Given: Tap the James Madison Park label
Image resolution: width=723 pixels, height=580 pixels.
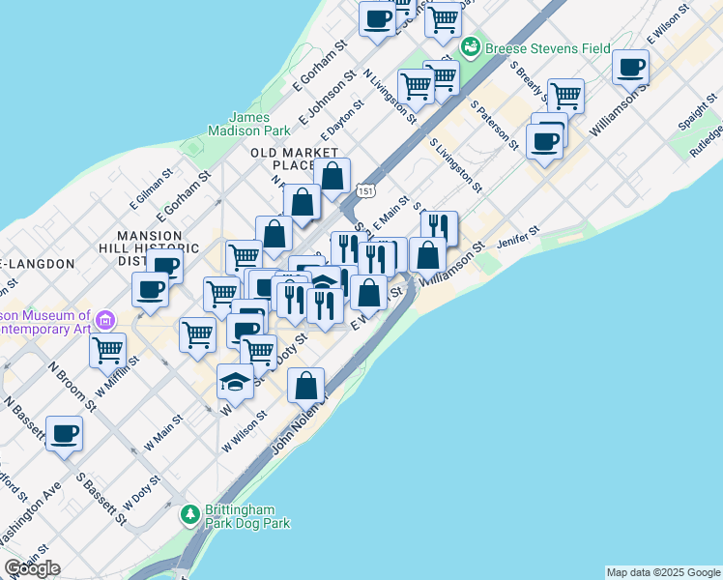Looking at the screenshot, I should (x=248, y=123).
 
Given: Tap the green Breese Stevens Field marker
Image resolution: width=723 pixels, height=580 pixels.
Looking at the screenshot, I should (x=471, y=46).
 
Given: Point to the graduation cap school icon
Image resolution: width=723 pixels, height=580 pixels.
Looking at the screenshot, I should (x=235, y=381).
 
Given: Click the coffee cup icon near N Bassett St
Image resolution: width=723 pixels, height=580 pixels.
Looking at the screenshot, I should (x=64, y=434).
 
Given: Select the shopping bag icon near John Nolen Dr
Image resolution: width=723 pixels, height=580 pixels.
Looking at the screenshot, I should (x=305, y=386).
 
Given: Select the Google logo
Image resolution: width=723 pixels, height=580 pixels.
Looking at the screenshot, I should (x=32, y=568).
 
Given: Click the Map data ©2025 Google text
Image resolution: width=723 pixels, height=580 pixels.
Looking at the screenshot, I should (x=663, y=572).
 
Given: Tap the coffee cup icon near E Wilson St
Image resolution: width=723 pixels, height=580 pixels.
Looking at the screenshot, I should (x=630, y=68).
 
